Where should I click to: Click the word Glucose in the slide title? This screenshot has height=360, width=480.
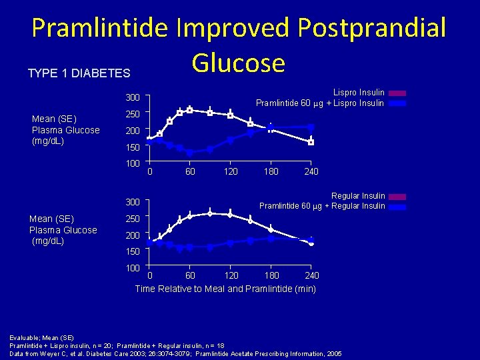point(238,63)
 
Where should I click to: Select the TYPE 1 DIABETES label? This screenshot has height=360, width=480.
point(79,73)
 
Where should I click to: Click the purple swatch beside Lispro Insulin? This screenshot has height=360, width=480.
point(397,93)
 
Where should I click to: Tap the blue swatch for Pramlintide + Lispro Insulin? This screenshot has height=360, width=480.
point(397,103)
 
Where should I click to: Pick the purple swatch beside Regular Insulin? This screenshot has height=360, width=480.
point(398,197)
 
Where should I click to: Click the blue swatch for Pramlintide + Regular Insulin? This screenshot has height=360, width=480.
point(398,207)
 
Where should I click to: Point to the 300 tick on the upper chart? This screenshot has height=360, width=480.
point(133,98)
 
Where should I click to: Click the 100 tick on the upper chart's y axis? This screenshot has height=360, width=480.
point(133,163)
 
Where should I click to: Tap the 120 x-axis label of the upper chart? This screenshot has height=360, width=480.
point(230,172)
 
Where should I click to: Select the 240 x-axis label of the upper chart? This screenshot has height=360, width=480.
point(311,172)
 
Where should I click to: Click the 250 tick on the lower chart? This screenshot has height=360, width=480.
point(133,219)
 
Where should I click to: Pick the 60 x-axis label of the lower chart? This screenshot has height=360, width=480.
point(190,275)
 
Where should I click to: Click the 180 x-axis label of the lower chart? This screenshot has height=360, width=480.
point(271,275)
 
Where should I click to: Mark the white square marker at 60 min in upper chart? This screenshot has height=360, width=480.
point(189,109)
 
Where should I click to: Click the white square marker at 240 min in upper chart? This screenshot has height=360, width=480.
point(311,142)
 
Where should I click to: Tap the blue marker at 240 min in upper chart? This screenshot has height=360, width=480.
point(311,127)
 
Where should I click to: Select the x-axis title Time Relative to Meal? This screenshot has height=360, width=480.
point(225,289)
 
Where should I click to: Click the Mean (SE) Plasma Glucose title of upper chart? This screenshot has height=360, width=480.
point(65,130)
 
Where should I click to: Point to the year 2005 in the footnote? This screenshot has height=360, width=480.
point(333,353)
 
